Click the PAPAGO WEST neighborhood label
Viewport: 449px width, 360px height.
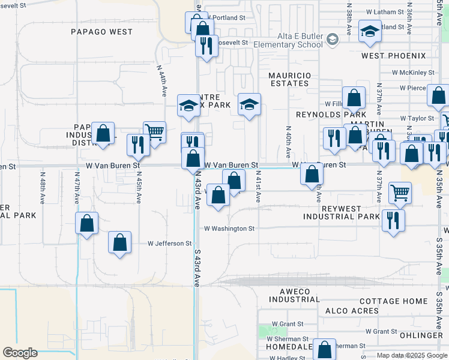pyautogui.click(x=101, y=32)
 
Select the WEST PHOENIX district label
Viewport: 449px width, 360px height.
pyautogui.click(x=393, y=56)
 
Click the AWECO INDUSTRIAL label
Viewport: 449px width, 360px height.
pyautogui.click(x=291, y=295)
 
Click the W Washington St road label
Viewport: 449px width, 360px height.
pyautogui.click(x=229, y=229)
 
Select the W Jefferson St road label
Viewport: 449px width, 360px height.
pyautogui.click(x=170, y=244)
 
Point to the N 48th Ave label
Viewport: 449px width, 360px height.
pyautogui.click(x=43, y=188)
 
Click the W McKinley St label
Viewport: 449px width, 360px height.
pyautogui.click(x=413, y=73)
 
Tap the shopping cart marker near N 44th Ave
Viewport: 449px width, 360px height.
pyautogui.click(x=154, y=131)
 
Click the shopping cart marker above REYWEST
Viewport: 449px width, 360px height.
pyautogui.click(x=400, y=193)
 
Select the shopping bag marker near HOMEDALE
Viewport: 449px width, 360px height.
pyautogui.click(x=325, y=349)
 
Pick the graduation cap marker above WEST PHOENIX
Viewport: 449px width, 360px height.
pyautogui.click(x=370, y=31)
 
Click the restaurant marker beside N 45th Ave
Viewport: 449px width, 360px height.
pyautogui.click(x=138, y=144)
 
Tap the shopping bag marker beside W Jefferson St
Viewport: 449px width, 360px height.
pyautogui.click(x=120, y=242)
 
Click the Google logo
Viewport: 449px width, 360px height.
pyautogui.click(x=20, y=353)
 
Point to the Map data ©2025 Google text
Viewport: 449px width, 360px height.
pyautogui.click(x=411, y=355)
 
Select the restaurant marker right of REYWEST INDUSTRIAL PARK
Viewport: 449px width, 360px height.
pyautogui.click(x=393, y=219)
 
